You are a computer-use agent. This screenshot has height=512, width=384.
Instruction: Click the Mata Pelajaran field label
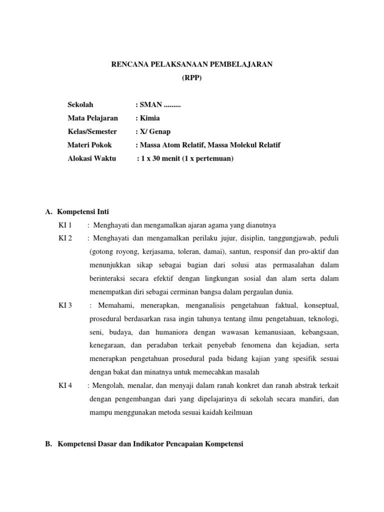pos(92,118)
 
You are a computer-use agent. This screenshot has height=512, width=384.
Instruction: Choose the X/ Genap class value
pos(154,131)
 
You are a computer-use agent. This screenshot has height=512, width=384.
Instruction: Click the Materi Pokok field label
pos(89,145)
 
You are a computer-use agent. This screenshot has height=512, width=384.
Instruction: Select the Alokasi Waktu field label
pos(91,158)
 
